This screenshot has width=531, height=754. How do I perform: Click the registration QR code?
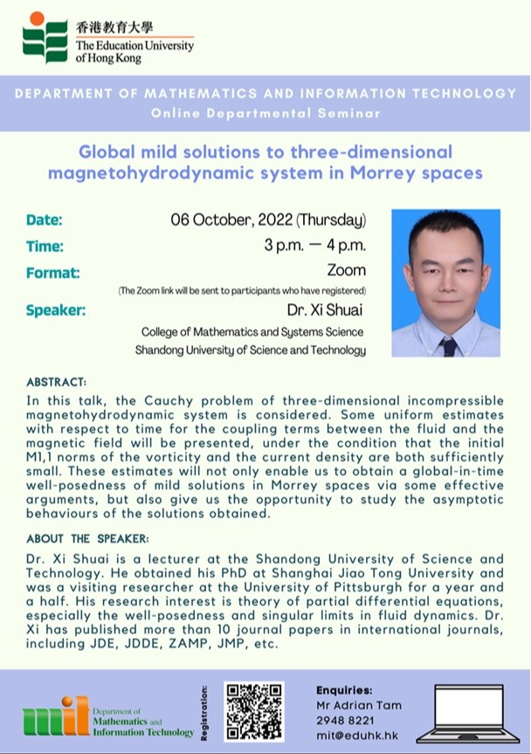click(254, 711)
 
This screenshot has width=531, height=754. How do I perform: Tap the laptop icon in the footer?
click(468, 714)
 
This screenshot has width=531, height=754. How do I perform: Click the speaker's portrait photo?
click(446, 283)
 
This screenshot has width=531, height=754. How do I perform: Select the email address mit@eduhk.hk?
click(357, 736)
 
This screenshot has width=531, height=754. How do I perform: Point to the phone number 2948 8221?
click(345, 720)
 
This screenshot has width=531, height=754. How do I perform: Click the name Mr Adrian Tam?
click(358, 705)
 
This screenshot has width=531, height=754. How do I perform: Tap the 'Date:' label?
click(45, 220)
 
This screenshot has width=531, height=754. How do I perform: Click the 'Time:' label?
click(45, 246)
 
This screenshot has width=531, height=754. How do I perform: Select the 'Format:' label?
click(53, 273)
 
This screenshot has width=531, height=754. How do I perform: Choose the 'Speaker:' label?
click(56, 310)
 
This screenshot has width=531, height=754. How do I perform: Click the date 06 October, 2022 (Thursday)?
click(268, 220)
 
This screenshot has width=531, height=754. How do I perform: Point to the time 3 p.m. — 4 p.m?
click(314, 246)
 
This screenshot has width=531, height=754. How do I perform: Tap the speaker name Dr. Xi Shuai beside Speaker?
click(325, 309)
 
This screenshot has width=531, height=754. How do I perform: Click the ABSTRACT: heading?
click(56, 383)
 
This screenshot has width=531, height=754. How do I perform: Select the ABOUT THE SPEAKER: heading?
click(87, 538)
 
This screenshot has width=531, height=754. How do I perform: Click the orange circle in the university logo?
click(37, 17)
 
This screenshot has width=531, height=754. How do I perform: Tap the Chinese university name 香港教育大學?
click(114, 27)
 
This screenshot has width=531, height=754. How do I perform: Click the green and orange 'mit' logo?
click(56, 716)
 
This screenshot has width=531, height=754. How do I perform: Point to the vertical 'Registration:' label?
click(204, 713)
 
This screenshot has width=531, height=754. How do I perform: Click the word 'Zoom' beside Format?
click(347, 270)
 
